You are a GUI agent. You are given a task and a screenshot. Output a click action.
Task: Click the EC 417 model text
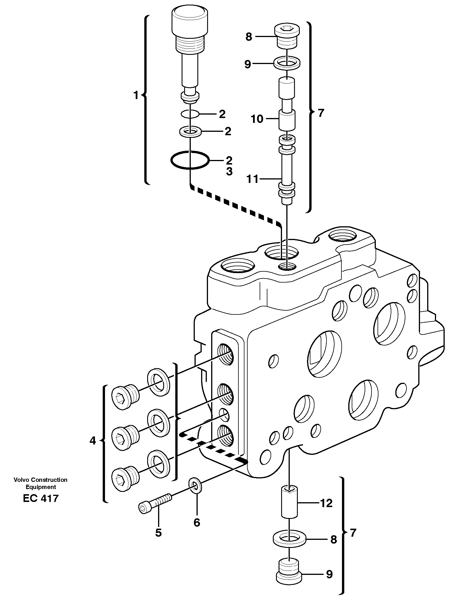click(x=40, y=498)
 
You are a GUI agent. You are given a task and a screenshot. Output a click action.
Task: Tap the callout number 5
click(x=158, y=533)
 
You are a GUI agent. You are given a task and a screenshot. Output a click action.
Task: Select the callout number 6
click(x=197, y=523)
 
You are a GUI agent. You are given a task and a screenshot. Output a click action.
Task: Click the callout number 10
click(x=257, y=119)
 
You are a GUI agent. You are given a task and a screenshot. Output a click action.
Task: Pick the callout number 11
click(x=253, y=179)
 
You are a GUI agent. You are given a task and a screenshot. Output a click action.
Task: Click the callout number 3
click(x=229, y=172)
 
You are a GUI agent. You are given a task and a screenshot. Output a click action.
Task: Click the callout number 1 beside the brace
click(x=136, y=95)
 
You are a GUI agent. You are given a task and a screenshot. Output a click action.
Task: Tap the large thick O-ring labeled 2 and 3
click(x=190, y=160)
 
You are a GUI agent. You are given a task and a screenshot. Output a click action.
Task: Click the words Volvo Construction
click(x=40, y=480)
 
